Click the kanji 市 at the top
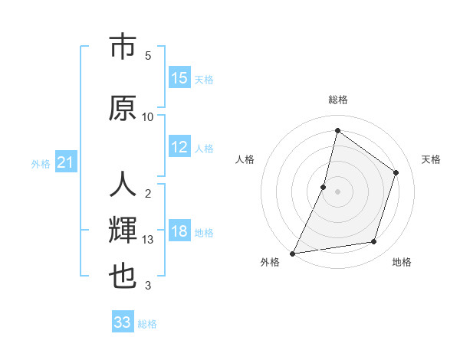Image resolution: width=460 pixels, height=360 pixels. click(123, 47)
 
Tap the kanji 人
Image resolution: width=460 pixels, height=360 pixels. click(123, 185)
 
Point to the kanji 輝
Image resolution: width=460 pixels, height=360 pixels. click(123, 229)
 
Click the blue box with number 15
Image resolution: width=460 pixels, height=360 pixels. click(179, 78)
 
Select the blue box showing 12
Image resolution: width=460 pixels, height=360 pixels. click(179, 147)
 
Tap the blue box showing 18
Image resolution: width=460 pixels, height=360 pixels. click(179, 232)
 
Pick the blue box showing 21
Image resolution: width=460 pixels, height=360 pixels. click(66, 163)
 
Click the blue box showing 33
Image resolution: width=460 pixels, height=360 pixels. click(123, 322)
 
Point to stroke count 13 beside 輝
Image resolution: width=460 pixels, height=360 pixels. click(148, 240)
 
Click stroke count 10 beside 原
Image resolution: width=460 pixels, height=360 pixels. click(148, 116)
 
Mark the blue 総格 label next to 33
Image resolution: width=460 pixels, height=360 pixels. click(147, 324)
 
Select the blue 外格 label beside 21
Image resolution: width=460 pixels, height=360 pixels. click(41, 164)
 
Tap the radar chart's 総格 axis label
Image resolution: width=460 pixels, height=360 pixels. click(337, 100)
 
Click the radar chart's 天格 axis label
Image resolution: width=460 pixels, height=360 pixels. click(432, 159)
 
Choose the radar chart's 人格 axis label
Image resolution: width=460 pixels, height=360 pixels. click(245, 159)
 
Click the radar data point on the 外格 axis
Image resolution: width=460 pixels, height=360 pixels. click(292, 254)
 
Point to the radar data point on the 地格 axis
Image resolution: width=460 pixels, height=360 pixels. click(374, 242)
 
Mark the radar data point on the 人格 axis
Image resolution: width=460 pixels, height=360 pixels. click(324, 187)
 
